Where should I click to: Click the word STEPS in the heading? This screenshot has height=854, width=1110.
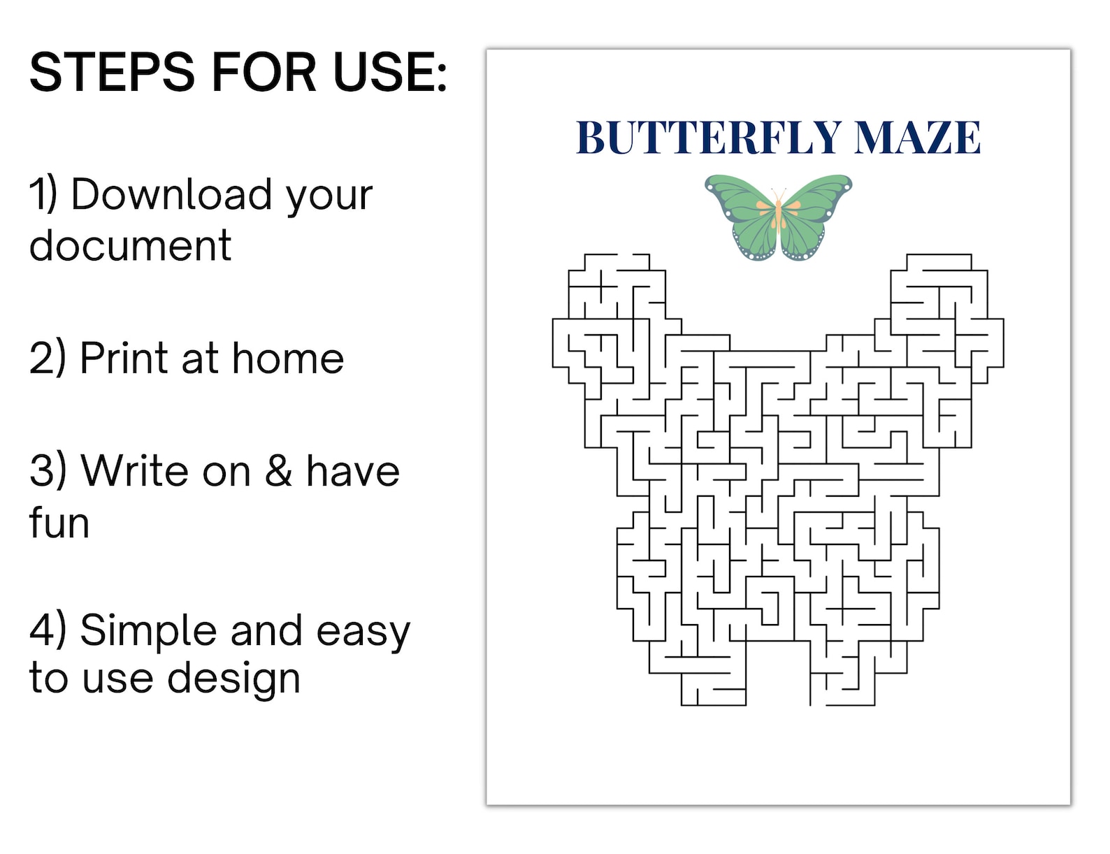pos(112,72)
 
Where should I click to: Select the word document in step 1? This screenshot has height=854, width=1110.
pos(130,246)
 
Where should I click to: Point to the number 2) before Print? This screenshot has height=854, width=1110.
pos(48,359)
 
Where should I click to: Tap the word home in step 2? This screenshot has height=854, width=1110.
pos(287,359)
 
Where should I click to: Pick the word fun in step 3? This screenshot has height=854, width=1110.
pos(59,522)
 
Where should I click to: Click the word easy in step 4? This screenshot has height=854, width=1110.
pos(363,632)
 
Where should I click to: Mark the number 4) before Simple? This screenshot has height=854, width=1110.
pos(48,630)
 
